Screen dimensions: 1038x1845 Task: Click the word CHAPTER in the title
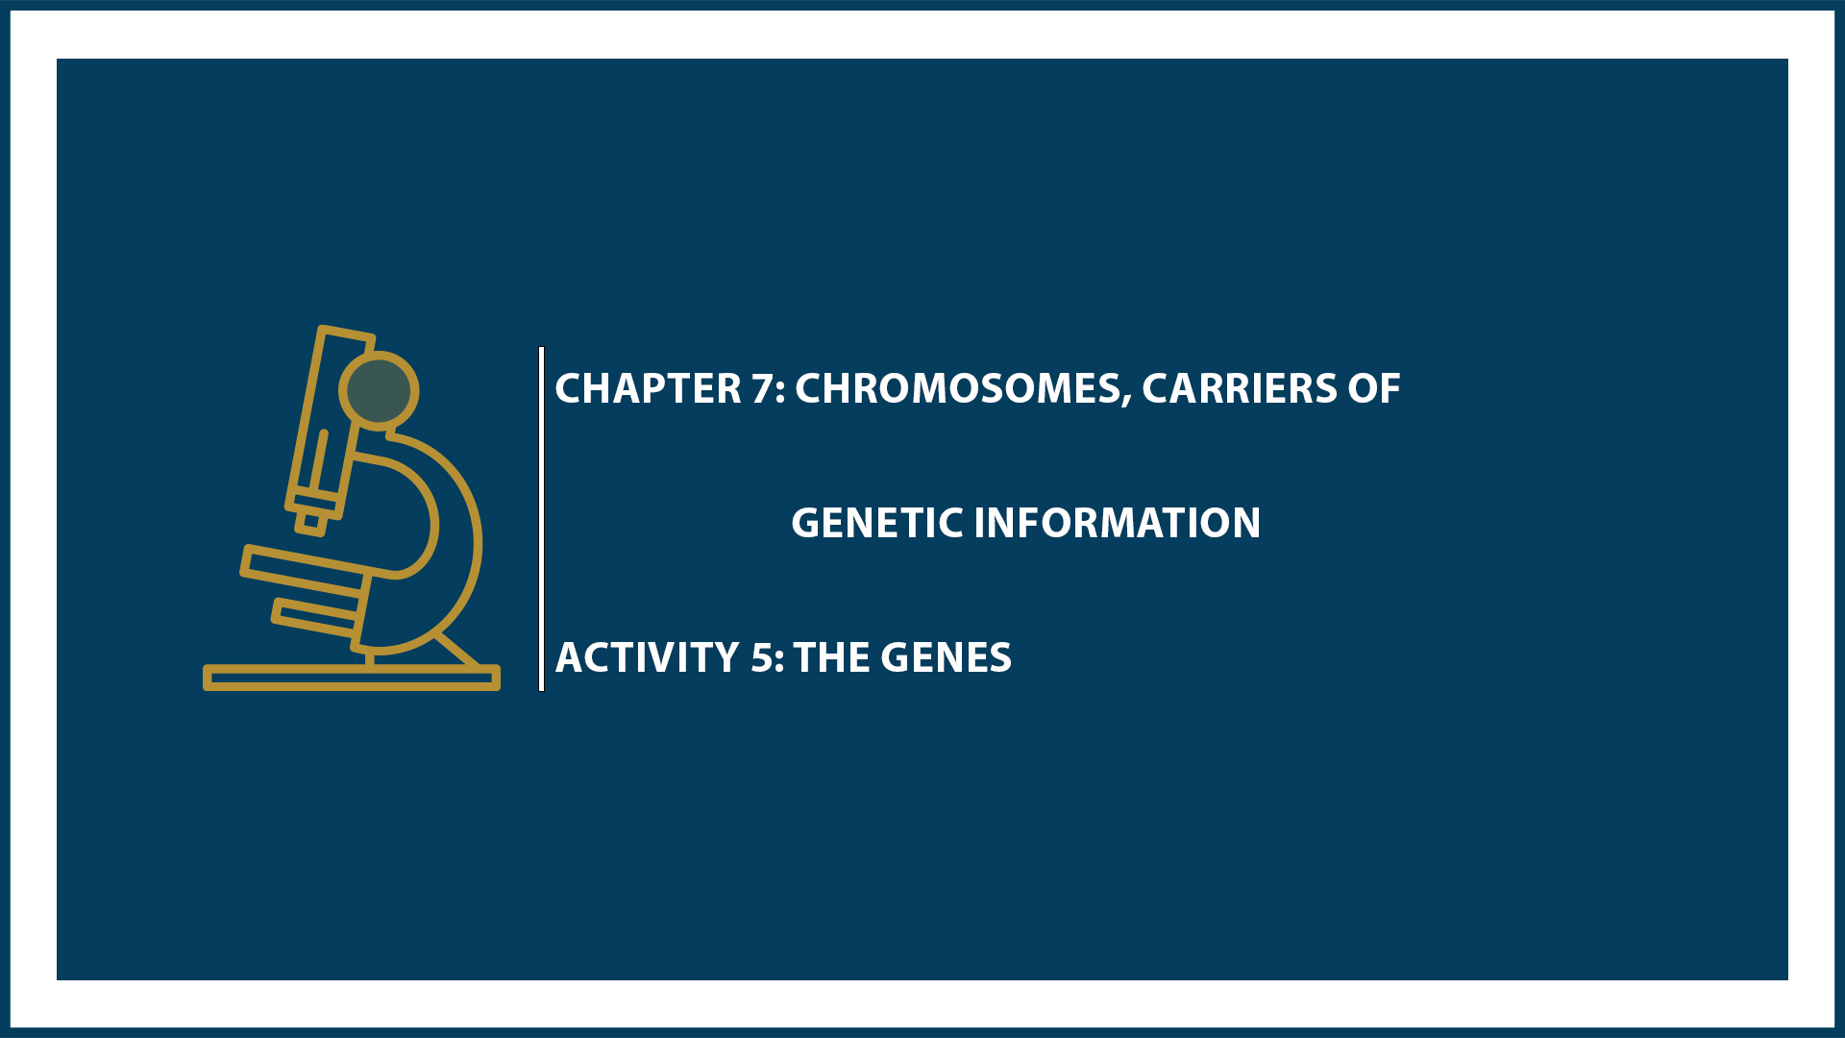tap(648, 389)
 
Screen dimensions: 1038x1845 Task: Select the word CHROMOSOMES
tap(957, 389)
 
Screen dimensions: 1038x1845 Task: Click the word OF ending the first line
tap(1373, 389)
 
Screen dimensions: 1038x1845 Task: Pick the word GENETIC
tap(876, 524)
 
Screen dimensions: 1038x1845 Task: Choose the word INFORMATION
tap(1117, 524)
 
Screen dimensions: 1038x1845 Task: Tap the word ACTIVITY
tap(647, 658)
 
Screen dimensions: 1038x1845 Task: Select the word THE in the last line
tap(833, 658)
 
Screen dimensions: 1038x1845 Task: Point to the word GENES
tap(946, 658)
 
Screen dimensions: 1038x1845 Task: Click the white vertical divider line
tap(542, 519)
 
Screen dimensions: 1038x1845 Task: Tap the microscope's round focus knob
tap(379, 390)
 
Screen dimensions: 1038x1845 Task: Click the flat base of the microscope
tap(352, 678)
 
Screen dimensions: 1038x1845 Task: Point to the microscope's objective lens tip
tap(310, 523)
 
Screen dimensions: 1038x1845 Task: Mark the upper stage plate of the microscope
tap(304, 566)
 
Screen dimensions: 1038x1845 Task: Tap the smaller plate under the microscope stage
tap(315, 617)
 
